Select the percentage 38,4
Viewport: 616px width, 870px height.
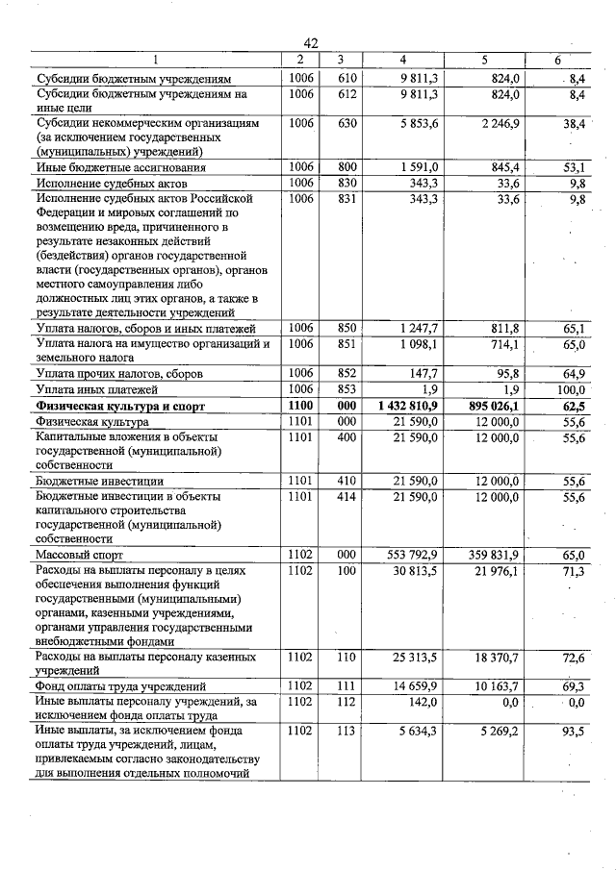click(576, 124)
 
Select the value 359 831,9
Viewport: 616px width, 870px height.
click(492, 555)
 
